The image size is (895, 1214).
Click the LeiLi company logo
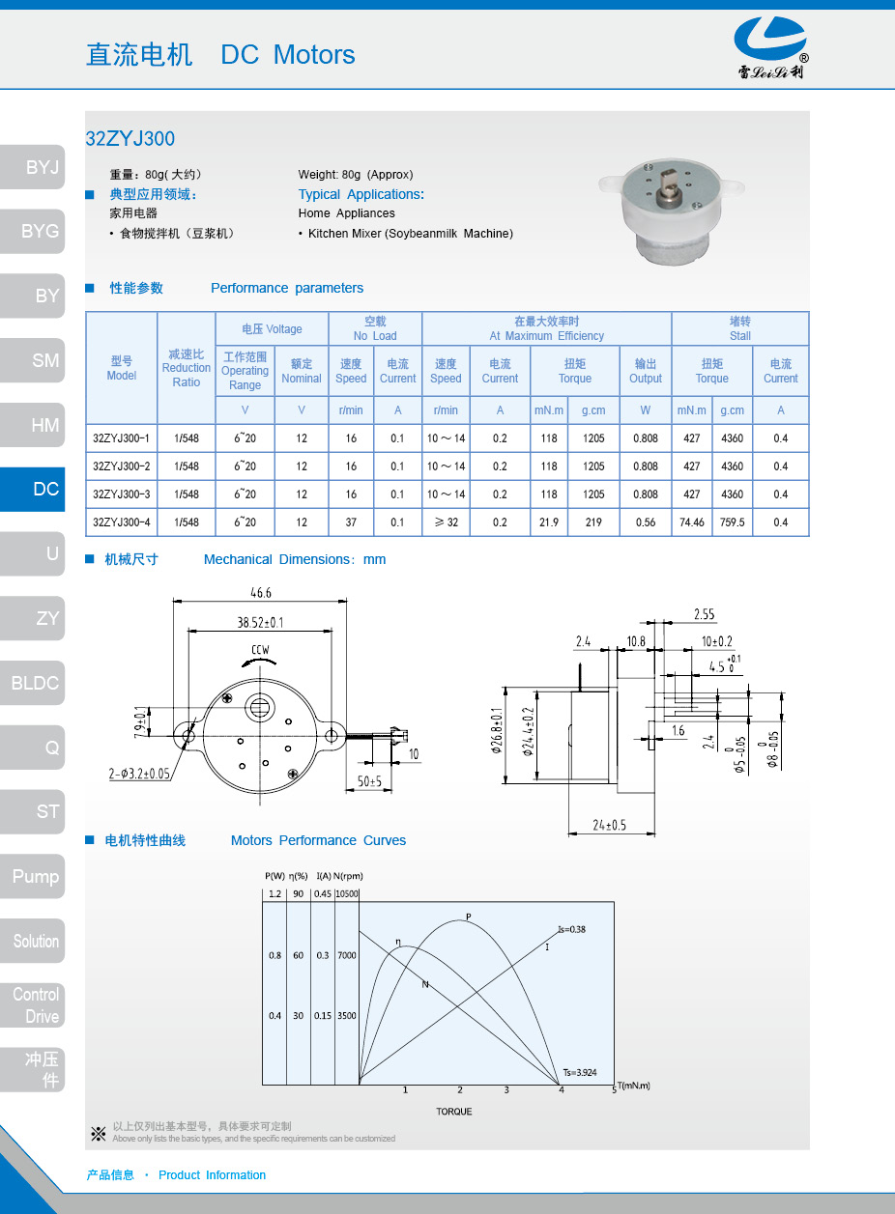click(x=769, y=47)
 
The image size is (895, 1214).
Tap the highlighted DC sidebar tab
click(x=34, y=489)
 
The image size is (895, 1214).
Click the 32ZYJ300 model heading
click(x=130, y=138)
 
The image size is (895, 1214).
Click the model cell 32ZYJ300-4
click(x=121, y=522)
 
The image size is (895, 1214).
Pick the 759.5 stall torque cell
click(x=733, y=522)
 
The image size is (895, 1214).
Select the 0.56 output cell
click(x=645, y=522)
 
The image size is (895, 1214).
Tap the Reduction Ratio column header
click(x=186, y=368)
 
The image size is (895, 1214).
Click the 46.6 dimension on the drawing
click(x=260, y=592)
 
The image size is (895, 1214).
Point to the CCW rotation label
click(x=260, y=650)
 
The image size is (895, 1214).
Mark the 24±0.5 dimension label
click(x=609, y=825)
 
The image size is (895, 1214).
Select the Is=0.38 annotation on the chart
click(x=571, y=929)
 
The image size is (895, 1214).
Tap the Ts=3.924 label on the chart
click(x=580, y=1072)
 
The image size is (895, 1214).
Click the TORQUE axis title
click(x=454, y=1112)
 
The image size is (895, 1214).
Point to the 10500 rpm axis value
click(x=346, y=893)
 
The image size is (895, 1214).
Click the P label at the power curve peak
click(x=469, y=917)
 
